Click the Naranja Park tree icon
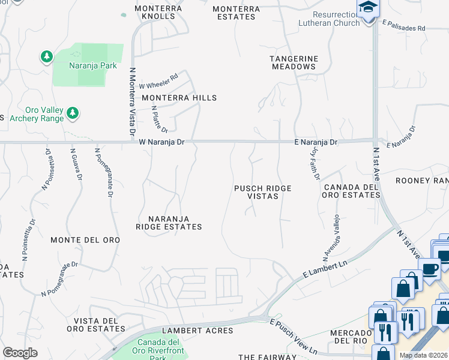(46, 57)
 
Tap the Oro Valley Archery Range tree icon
(73, 112)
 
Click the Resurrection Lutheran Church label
(329, 19)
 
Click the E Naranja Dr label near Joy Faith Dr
(316, 142)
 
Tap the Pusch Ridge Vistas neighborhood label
(262, 192)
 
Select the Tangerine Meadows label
(293, 62)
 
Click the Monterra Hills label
(178, 98)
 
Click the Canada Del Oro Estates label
(351, 191)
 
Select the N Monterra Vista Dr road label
(132, 100)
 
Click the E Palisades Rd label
(403, 28)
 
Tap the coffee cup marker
(430, 269)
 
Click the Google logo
(20, 353)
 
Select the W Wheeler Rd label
(159, 81)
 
